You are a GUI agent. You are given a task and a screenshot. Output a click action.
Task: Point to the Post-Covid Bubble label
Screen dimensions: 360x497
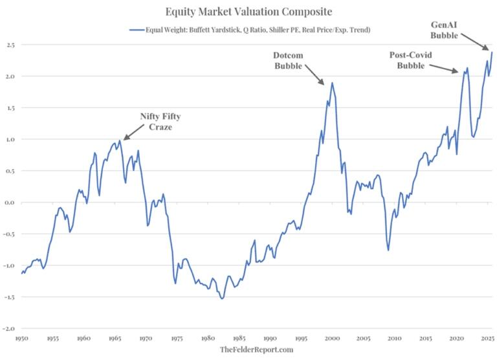point(410,61)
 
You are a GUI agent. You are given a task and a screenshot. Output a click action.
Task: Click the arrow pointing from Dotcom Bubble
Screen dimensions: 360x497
point(316,76)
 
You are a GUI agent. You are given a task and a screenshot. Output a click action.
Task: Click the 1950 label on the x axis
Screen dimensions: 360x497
point(21,338)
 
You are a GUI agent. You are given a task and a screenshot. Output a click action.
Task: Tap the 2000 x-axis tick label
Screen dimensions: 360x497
point(332,338)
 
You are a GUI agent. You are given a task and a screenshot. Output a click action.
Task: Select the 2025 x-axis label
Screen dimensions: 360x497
point(487,338)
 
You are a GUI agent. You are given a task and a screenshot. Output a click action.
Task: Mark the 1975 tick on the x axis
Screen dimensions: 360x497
point(176,338)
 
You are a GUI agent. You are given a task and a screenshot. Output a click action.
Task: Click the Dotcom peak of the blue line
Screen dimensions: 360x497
point(332,82)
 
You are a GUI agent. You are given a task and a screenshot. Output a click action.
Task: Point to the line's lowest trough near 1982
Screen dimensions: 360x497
point(222,298)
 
